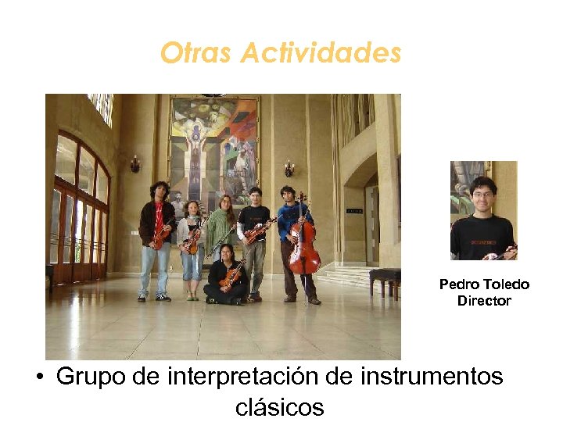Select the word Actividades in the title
pos(321,53)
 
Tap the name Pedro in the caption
pos(455,284)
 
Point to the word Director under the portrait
pos(484,301)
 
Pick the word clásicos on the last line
pos(279,406)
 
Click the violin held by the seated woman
pos(231,275)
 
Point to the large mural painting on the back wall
pos(213,148)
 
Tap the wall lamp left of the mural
pos(135,164)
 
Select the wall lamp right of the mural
pos(289,168)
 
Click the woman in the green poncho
pos(221,227)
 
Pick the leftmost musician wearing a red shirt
pos(157,234)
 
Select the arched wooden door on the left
pos(81,211)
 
